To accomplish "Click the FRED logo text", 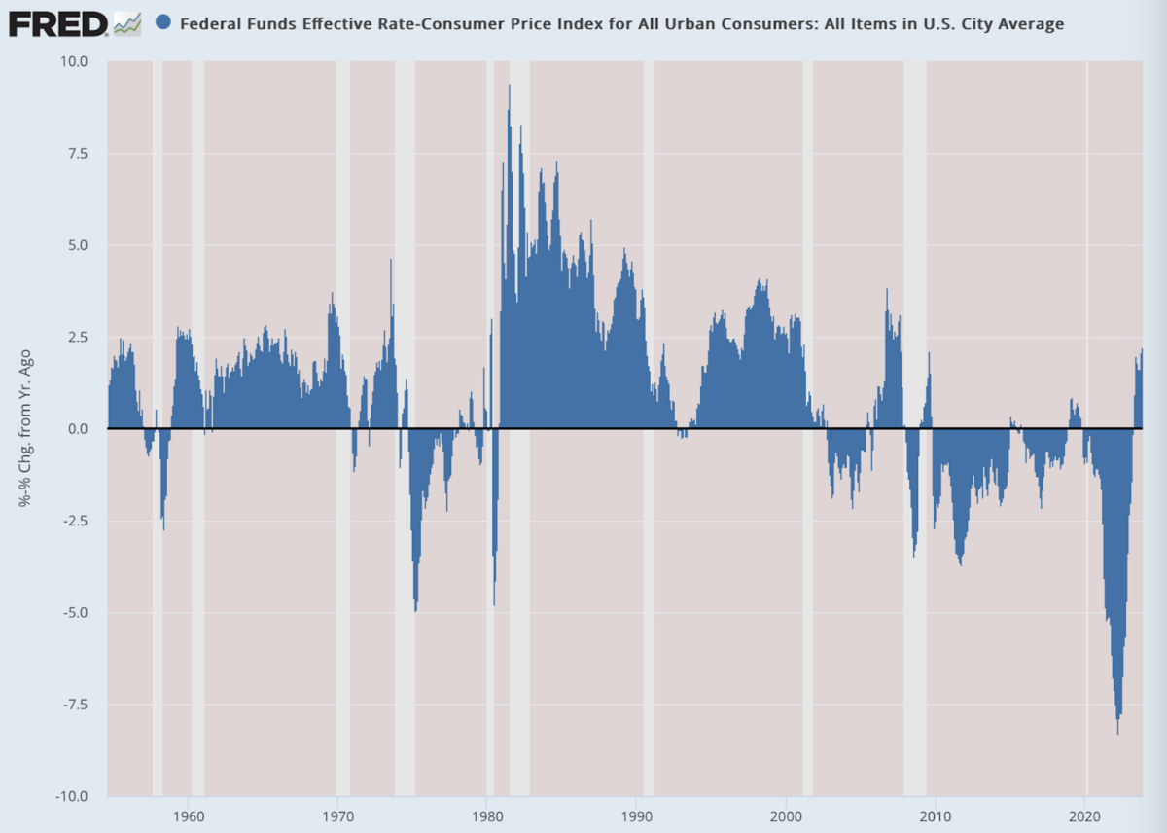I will (57, 23).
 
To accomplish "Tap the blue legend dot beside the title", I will (163, 22).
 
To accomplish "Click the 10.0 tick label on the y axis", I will (74, 62).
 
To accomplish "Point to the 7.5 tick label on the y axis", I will (77, 154).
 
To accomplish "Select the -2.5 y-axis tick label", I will (75, 521).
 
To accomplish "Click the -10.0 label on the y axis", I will (72, 796).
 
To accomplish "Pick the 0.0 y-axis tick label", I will (77, 429).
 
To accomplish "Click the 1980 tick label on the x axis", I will (487, 814).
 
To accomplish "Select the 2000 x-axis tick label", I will (786, 814).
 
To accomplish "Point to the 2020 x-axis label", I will (1084, 814).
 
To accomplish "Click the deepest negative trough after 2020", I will (1117, 730).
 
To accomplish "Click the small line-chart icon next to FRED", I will (126, 23).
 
